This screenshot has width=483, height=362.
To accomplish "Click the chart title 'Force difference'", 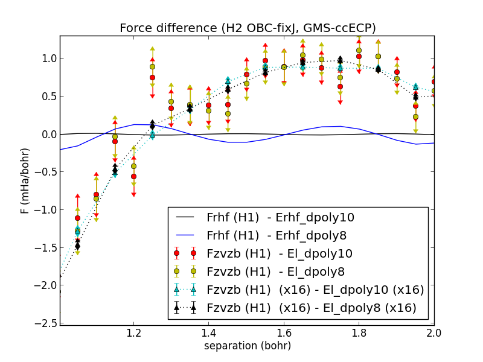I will tap(248, 28).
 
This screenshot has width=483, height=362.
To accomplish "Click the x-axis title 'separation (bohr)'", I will tap(247, 346).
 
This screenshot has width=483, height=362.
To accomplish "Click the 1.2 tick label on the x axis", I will tap(134, 333).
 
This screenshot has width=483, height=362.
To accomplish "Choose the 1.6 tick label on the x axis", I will tap(284, 333).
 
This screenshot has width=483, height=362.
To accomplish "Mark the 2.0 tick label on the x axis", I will tap(433, 333).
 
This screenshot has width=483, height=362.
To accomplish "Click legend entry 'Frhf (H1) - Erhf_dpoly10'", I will tap(280, 217).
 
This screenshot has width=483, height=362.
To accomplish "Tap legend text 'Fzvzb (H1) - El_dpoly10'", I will tap(280, 253).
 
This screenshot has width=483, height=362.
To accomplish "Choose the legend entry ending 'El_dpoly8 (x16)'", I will tap(312, 308).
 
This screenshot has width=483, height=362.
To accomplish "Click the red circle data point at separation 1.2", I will tap(133, 177).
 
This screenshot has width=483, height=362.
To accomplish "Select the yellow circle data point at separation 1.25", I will tap(152, 66).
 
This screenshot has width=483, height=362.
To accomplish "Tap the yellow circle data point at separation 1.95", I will tap(415, 117).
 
